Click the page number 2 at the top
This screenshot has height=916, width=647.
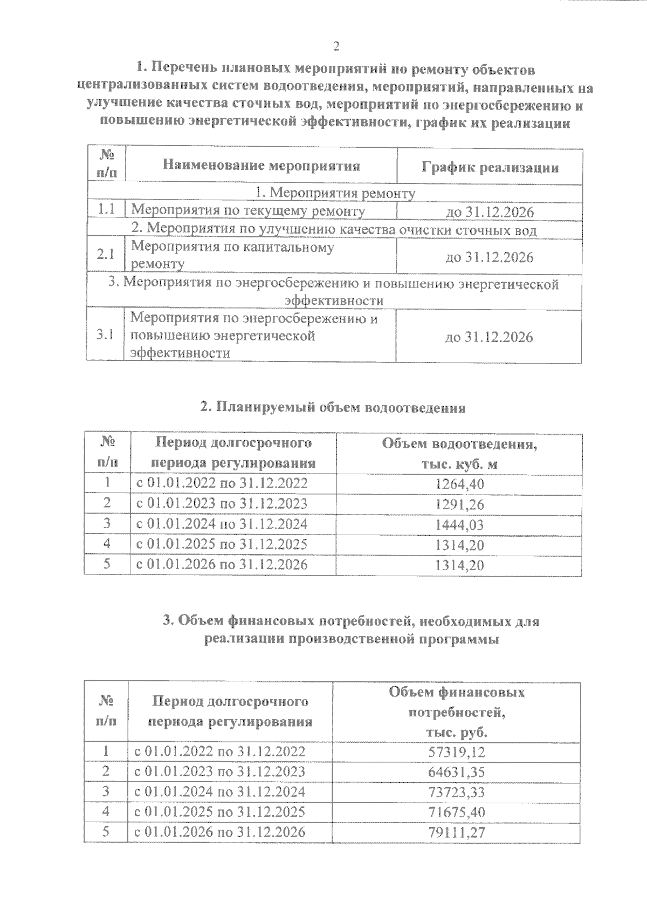336,46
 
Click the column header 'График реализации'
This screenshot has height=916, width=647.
490,167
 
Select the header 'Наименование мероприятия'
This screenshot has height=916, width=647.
261,166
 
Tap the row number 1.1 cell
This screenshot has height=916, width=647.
106,210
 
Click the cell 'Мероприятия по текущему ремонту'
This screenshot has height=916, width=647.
248,211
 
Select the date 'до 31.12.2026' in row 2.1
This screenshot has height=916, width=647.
489,257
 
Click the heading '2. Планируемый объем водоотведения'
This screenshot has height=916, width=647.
333,407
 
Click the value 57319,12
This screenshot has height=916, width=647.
456,752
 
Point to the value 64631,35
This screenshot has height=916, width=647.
456,772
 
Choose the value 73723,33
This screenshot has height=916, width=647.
456,792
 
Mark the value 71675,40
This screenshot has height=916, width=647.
456,812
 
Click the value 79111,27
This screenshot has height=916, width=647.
456,832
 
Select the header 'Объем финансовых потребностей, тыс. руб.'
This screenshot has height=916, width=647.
456,712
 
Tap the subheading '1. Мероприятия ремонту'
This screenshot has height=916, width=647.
335,193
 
